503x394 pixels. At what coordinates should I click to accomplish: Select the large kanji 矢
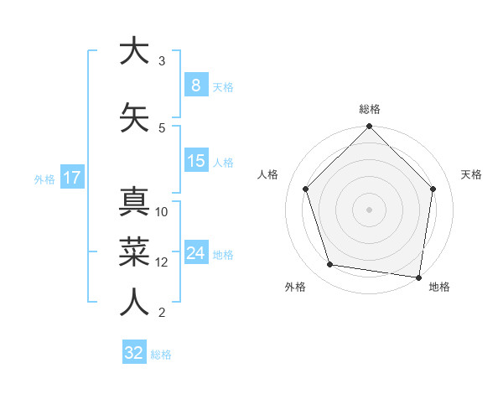point(134,115)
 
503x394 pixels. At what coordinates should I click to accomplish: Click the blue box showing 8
point(195,86)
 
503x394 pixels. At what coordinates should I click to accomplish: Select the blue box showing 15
point(195,161)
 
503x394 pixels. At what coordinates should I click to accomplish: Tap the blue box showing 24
point(195,253)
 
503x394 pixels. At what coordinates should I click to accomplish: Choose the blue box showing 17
point(71,178)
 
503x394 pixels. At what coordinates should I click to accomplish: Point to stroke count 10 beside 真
point(163,212)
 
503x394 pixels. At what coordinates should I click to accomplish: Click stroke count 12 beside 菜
point(163,262)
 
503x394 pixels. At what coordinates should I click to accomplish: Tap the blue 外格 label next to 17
point(44,179)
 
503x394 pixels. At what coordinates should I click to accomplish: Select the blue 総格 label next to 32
point(161,354)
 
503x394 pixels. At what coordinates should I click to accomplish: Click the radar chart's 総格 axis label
point(370,109)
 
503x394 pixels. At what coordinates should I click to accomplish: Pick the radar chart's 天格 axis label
point(471,174)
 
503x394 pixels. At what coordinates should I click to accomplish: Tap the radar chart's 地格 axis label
point(439,287)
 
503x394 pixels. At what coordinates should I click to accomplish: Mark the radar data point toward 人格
point(306,189)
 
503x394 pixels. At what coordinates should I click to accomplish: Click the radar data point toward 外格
point(330,265)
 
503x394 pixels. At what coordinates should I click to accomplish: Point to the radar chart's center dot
point(370,209)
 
